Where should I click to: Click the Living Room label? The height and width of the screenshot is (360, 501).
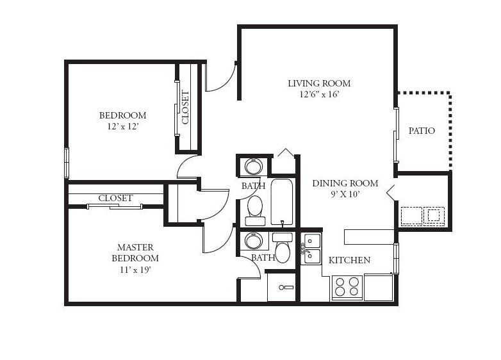click(319, 83)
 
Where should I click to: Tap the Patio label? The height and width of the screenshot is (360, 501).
click(422, 131)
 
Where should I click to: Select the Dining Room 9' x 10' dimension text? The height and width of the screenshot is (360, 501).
click(345, 194)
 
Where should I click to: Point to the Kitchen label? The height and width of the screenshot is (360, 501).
click(350, 260)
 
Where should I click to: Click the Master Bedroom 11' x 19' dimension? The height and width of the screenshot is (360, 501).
click(135, 270)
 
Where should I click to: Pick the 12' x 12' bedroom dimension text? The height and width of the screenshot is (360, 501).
click(123, 126)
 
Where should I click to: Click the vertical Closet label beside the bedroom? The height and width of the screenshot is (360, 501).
click(185, 108)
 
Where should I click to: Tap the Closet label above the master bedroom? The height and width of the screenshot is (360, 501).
click(115, 198)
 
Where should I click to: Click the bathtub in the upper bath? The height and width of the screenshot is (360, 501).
click(282, 202)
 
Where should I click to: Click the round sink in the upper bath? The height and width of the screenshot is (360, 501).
click(254, 167)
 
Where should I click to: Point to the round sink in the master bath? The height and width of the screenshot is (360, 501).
click(254, 240)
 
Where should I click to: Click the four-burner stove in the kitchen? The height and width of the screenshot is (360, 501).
click(347, 286)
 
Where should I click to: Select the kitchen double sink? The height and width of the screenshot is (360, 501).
click(312, 249)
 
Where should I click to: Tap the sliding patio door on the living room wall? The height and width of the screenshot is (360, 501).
click(396, 135)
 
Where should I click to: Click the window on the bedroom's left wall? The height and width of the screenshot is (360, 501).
click(67, 163)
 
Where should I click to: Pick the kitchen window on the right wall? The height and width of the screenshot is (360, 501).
click(396, 259)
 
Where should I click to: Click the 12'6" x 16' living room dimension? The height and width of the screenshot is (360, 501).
click(319, 95)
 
